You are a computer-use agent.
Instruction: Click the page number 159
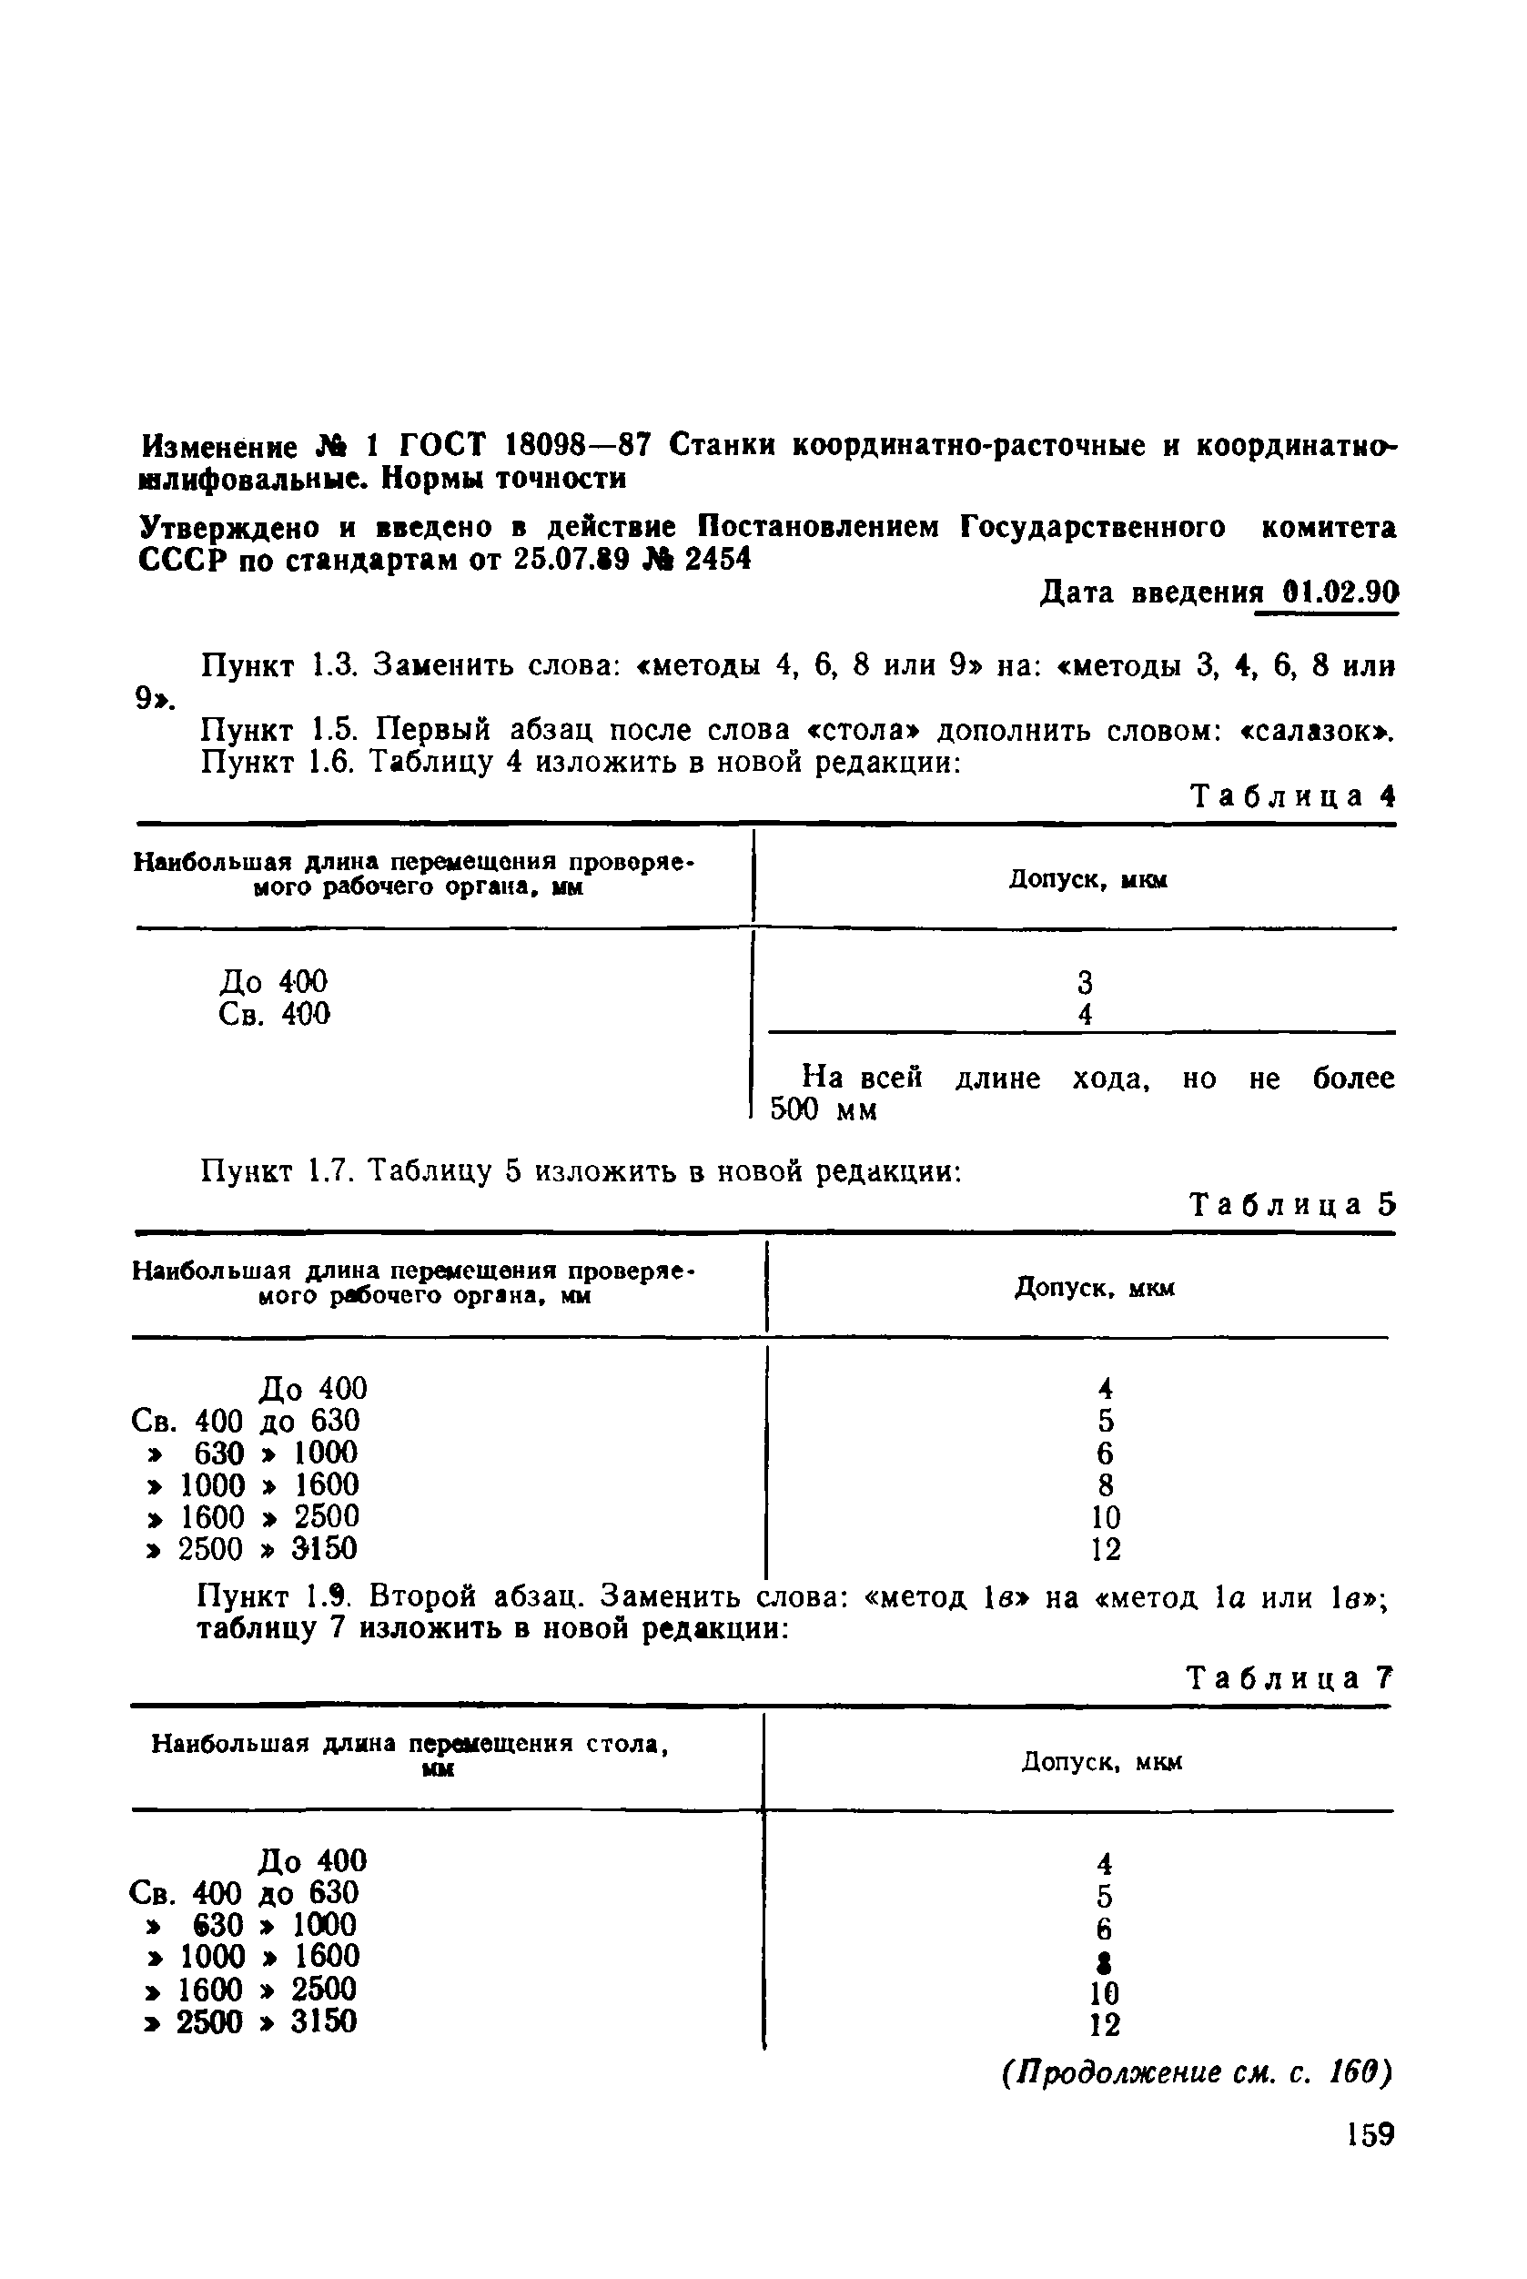(1371, 2135)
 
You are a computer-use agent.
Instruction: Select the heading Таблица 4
(1293, 796)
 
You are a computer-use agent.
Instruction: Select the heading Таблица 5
(1293, 1206)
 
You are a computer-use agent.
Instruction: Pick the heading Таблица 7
(1289, 1678)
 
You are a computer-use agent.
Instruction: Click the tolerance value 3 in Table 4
(1085, 982)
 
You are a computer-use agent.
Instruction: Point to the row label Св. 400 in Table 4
(275, 1015)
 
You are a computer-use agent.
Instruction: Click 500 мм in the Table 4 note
(824, 1110)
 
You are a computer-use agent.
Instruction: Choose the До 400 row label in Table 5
(313, 1388)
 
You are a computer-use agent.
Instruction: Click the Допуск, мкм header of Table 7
(1101, 1762)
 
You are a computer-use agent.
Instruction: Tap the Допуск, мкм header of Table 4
(1087, 879)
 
